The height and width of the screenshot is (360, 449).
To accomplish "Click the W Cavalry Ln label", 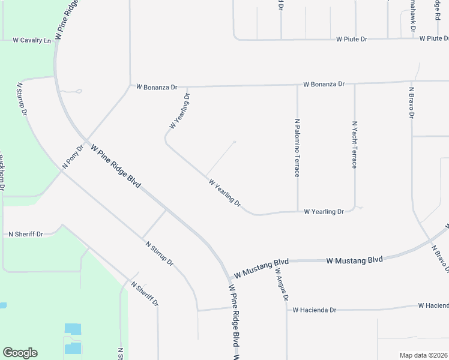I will (x=32, y=41).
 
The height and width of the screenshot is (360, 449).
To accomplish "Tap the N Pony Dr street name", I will (x=73, y=156).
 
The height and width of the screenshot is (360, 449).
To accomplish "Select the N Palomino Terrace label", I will (x=297, y=148).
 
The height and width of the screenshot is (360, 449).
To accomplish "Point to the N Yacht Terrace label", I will (x=355, y=144).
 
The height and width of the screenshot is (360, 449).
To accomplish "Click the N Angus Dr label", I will (x=282, y=284).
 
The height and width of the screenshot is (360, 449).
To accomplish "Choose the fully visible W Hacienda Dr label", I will (x=314, y=310).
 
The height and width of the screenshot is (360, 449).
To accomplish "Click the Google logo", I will (x=20, y=353).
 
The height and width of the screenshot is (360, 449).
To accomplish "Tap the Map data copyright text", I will (x=423, y=355).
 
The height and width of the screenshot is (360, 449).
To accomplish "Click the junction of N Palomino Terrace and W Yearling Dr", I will (x=298, y=211).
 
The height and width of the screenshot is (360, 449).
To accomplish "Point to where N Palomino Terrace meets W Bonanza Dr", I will (x=297, y=85).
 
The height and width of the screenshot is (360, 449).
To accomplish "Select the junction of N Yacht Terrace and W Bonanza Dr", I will (x=354, y=84).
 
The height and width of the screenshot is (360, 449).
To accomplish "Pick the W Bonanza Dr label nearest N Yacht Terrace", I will (x=324, y=84).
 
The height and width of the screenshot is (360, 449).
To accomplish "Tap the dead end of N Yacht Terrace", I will (x=356, y=208).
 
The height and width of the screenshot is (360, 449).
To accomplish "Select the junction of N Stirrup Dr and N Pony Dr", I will (x=61, y=172).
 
